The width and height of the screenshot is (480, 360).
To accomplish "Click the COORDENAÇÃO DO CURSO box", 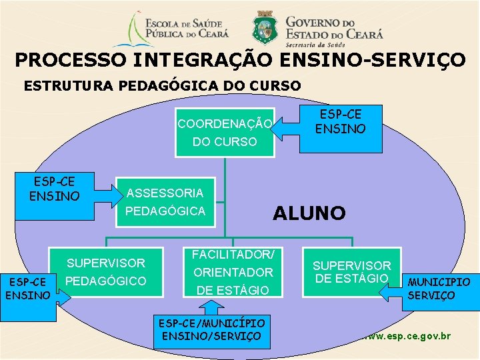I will pyautogui.click(x=225, y=133).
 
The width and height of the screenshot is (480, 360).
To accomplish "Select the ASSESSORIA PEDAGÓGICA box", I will pyautogui.click(x=165, y=202).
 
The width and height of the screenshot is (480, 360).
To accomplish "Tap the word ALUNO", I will pyautogui.click(x=309, y=213).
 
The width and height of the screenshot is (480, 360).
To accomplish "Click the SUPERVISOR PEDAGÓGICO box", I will pyautogui.click(x=107, y=272).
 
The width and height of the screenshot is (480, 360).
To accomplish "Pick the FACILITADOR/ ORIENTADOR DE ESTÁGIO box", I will pyautogui.click(x=233, y=272).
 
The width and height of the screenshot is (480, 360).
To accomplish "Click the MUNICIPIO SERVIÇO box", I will pyautogui.click(x=439, y=289).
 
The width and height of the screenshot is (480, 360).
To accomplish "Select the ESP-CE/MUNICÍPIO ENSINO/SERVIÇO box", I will pyautogui.click(x=211, y=330).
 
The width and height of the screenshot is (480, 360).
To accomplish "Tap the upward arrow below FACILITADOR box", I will pyautogui.click(x=211, y=306).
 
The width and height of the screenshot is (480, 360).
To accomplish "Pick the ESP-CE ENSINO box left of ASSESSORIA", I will pyautogui.click(x=54, y=189).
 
